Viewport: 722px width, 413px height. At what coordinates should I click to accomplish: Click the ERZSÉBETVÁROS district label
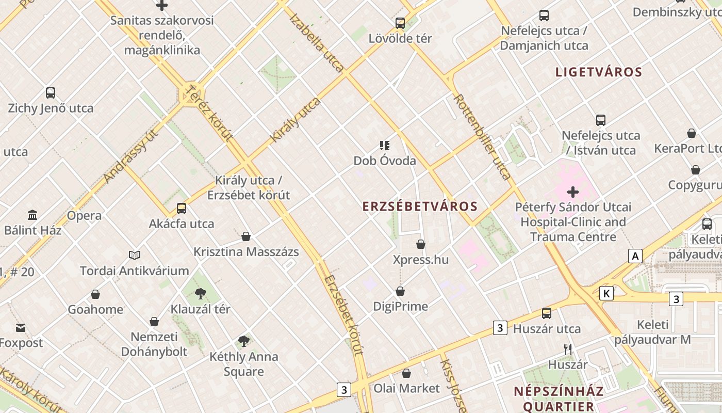tap(420, 206)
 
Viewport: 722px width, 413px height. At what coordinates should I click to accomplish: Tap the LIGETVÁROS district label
tap(599, 72)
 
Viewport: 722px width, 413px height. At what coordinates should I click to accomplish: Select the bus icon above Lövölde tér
tap(400, 23)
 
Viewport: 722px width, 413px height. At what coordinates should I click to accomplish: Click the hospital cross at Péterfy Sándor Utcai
tap(573, 193)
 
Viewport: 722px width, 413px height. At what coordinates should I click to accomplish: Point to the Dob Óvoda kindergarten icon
tap(385, 146)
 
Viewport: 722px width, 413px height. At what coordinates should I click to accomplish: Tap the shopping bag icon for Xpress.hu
tap(421, 244)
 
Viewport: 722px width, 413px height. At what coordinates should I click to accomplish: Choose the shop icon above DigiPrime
tap(400, 292)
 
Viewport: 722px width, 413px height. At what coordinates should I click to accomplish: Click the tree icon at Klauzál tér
tap(201, 294)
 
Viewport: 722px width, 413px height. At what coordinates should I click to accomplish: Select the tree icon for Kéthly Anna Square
tap(244, 341)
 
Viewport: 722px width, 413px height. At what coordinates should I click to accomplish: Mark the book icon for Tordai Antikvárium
tap(135, 255)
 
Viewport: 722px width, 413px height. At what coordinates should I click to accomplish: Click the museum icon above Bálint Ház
tap(32, 215)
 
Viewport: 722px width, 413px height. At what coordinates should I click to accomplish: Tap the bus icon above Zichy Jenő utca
tap(51, 93)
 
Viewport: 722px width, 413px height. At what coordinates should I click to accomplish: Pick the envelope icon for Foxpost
tap(21, 328)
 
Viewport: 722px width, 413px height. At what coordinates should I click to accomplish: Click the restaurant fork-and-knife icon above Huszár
tap(568, 350)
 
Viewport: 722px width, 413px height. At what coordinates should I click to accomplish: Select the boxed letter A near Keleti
tap(635, 256)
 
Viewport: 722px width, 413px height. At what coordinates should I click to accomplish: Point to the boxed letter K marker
tap(606, 294)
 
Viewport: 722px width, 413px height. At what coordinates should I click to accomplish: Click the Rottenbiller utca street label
tap(482, 137)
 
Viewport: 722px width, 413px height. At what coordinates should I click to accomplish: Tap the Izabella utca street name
tap(317, 42)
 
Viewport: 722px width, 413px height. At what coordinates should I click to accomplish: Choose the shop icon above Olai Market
tap(406, 373)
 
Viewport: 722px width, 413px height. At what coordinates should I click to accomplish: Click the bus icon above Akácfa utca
tap(182, 209)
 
